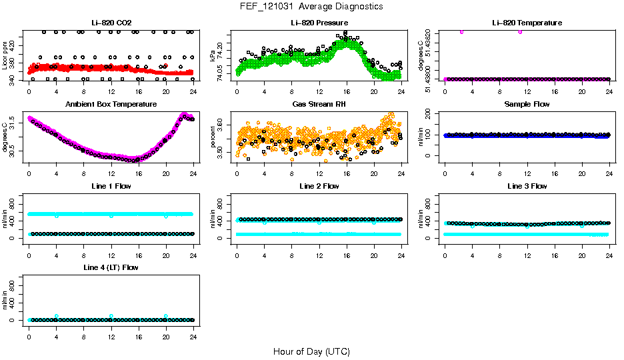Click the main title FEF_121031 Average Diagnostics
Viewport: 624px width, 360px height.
point(312,6)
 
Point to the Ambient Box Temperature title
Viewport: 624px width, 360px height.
point(111,104)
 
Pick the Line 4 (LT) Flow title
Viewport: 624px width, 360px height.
point(111,267)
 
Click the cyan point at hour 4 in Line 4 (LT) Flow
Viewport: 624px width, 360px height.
point(57,316)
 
